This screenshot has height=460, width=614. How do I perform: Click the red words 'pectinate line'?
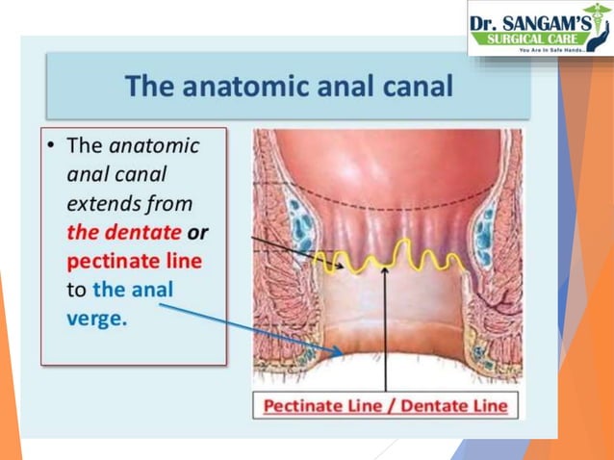click(134, 261)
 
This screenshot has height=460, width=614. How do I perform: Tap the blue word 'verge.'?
click(96, 319)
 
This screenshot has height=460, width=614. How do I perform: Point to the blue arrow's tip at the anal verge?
click(342, 352)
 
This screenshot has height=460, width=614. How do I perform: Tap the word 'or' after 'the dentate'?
click(198, 232)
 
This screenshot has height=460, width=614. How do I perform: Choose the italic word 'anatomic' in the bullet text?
click(154, 147)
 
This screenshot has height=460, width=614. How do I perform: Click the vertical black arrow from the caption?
click(385, 327)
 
